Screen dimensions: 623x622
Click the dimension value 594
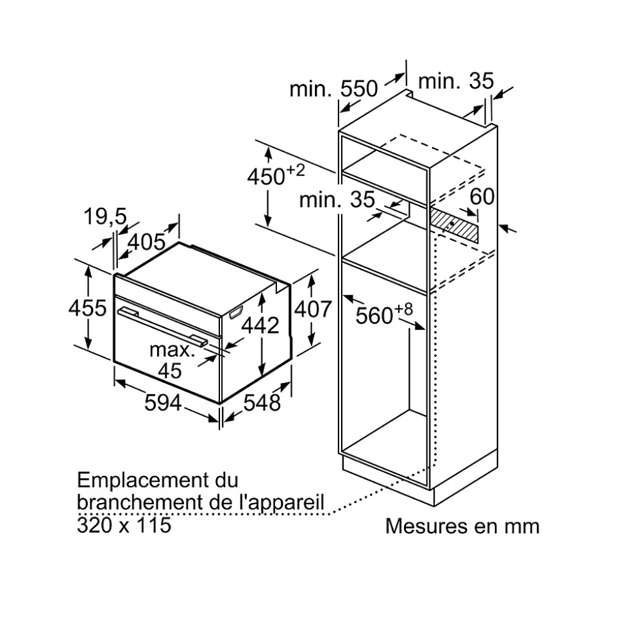162,402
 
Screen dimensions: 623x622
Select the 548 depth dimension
262,402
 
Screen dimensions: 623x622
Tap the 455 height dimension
87,308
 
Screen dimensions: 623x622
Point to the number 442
260,325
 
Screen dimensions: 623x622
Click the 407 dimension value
312,309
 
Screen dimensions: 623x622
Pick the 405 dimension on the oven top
146,242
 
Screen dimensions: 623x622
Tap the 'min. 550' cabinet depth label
333,89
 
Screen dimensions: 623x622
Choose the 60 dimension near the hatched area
482,196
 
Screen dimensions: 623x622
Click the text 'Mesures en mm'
462,526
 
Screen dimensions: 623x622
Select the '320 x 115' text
124,525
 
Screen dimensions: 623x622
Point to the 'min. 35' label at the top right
456,81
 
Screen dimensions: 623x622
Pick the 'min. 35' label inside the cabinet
337,200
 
